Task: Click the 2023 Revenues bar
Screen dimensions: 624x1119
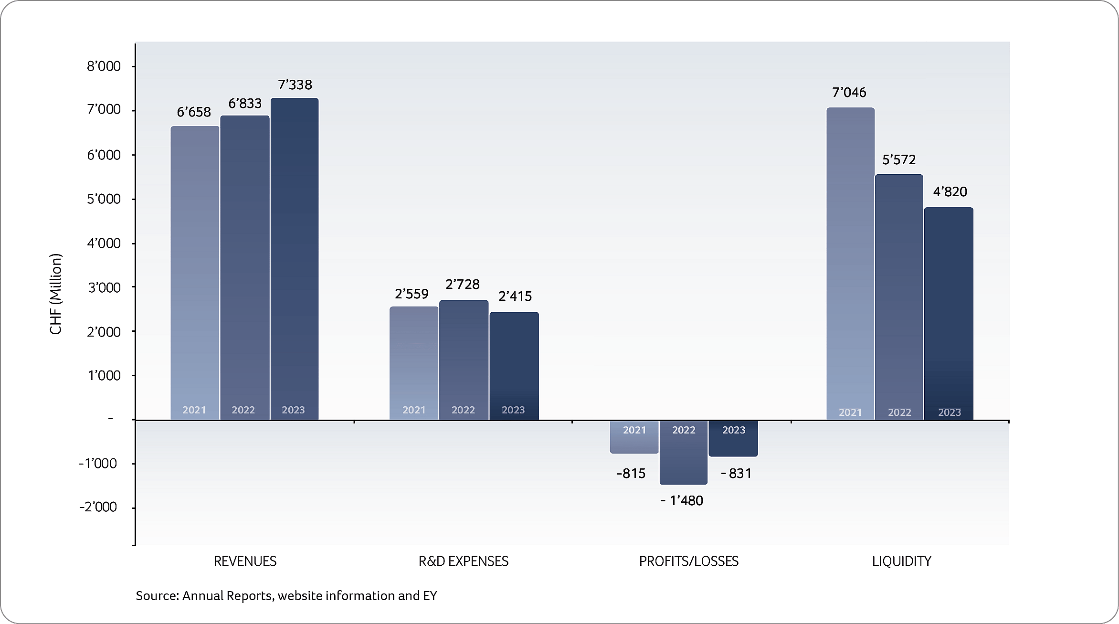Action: click(x=294, y=258)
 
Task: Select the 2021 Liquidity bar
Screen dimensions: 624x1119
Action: click(x=850, y=263)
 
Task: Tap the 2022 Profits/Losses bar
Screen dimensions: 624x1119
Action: click(x=684, y=454)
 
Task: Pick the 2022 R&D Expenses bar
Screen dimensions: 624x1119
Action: click(x=464, y=358)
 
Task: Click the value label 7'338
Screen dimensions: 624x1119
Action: click(x=295, y=85)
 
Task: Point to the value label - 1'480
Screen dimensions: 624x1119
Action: click(x=682, y=500)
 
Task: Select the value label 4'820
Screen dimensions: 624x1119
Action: click(x=950, y=191)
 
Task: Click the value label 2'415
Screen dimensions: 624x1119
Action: click(x=515, y=296)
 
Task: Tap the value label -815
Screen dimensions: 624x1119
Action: click(x=631, y=473)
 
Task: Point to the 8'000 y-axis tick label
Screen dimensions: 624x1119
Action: click(x=104, y=66)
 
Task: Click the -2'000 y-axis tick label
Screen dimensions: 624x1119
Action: click(x=98, y=507)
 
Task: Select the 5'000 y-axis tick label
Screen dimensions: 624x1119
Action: click(x=104, y=199)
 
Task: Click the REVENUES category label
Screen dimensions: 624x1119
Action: click(x=245, y=561)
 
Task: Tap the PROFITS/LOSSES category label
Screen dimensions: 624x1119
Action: click(x=688, y=561)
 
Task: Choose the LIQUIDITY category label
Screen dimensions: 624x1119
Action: click(x=901, y=561)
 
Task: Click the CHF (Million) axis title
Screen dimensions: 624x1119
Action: click(x=56, y=294)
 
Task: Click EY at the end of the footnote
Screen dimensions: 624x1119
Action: click(x=430, y=595)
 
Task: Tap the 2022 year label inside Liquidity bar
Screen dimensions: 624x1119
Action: click(x=899, y=412)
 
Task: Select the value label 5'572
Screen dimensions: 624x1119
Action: click(x=899, y=159)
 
